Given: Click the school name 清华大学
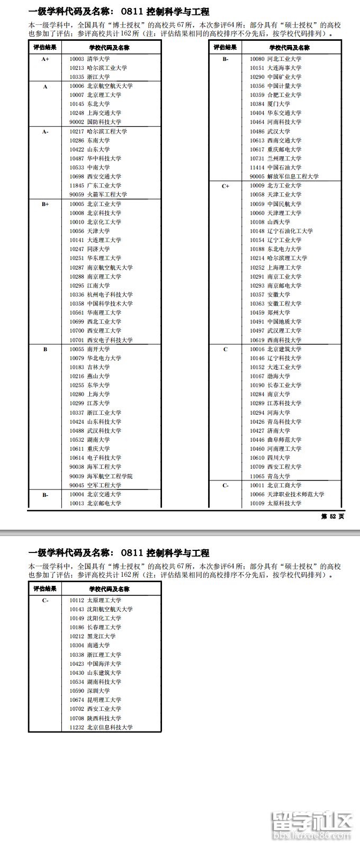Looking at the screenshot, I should pos(98,59).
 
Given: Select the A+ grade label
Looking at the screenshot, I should pos(45,59).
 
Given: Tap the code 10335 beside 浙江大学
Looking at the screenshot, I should pos(77,77).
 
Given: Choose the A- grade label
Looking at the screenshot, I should pos(45,131).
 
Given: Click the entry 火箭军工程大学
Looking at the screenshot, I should pos(107,194).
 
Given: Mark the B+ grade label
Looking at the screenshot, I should pos(45,204).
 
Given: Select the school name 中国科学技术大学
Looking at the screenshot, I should pos(110,304).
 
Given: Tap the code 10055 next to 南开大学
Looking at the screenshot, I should pos(77,349).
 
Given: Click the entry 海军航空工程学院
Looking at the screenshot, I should pos(110,476).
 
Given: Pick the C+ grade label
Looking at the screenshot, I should pos(226,186).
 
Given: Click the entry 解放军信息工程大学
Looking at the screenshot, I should pos(293,176).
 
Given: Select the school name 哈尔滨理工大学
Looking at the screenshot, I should pos(287,258).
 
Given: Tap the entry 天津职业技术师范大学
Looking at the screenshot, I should pos(295,494).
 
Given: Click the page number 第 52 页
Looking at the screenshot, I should pos(332,516).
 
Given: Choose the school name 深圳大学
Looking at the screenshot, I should pos(98,691).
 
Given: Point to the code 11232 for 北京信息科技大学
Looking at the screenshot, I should pos(77,727).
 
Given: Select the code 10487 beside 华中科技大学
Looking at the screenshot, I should pos(77,158).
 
